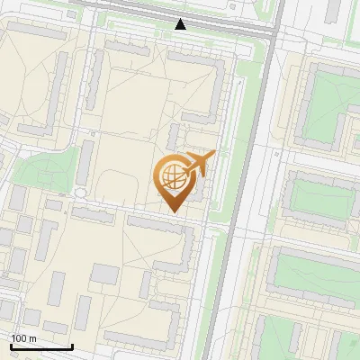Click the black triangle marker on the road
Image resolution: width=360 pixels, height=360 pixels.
tap(181, 24)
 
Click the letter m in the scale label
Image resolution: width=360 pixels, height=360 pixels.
tap(32, 338)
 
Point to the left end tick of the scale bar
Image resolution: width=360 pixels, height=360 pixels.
tap(11, 346)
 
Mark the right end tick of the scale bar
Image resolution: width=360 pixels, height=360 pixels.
tap(71, 346)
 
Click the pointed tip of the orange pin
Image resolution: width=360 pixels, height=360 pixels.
tap(174, 211)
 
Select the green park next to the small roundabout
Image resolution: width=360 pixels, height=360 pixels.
tap(40, 171)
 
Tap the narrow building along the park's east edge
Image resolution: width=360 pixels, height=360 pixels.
tap(85, 162)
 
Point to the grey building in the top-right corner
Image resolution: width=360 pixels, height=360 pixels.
tap(333, 11)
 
